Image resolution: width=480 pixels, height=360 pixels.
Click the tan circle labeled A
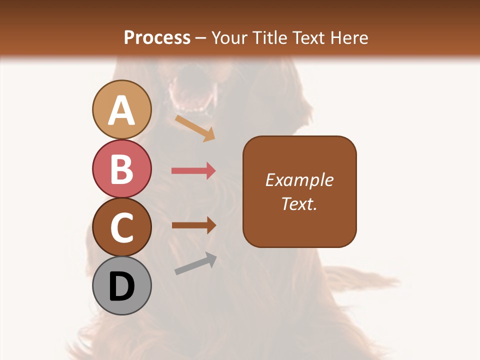121,109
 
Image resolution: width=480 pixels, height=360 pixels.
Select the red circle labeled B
121,168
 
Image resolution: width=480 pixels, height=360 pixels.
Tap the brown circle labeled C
121,227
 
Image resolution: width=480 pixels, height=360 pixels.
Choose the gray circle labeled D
121,286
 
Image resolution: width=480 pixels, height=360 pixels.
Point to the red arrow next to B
193,171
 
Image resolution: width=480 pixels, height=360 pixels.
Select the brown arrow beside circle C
193,225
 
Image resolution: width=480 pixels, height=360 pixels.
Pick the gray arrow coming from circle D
195,263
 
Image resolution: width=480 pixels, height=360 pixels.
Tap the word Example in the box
299,180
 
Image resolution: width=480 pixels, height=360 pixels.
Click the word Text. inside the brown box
299,203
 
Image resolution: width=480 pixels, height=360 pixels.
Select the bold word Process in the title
157,37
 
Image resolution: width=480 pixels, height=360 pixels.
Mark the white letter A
121,110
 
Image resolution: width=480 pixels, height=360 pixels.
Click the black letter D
121,287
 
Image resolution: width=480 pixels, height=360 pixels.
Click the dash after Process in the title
200,38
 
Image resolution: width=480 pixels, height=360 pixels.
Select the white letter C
121,228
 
